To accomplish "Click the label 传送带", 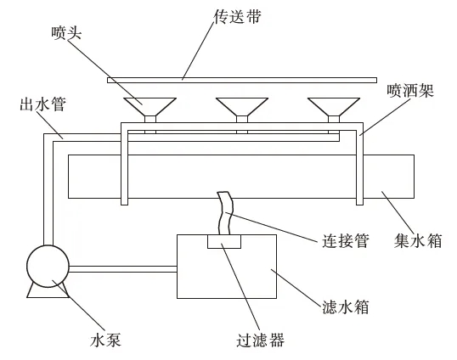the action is point(237,16).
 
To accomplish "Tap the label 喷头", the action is point(66,33).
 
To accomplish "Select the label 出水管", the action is point(43,104).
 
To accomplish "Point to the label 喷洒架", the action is point(410,91).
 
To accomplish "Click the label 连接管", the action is point(346,240).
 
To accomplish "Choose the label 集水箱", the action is point(418,240).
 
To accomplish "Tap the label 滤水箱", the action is point(346,307).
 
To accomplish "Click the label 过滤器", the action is point(260,340).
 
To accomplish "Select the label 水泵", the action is point(105,340).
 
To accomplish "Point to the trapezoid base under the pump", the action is point(48,291).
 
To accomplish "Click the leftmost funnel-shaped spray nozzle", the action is point(150,107).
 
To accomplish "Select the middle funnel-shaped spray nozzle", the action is point(242,107).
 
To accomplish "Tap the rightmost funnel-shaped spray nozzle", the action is point(334,107).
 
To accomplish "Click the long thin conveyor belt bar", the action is point(242,80).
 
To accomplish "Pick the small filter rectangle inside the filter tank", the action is point(224,241).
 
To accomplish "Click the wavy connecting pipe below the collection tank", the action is point(225,213).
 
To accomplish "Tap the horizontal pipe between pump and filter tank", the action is point(123,269).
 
